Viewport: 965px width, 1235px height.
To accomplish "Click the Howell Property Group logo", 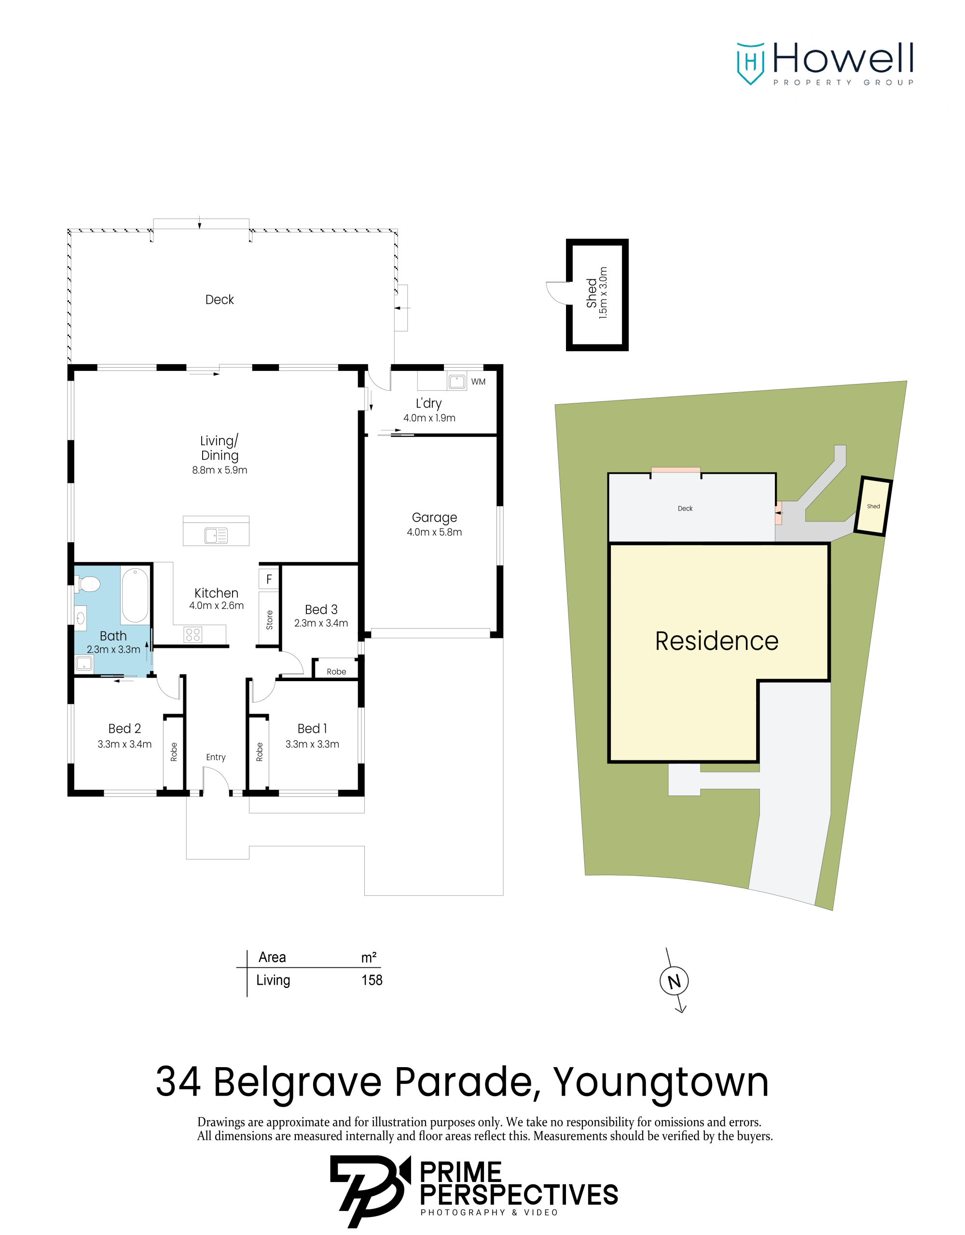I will (825, 63).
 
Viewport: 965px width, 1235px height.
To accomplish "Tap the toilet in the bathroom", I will (88, 584).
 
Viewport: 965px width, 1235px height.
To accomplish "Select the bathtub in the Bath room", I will (135, 595).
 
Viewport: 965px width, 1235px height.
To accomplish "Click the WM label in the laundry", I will (478, 382).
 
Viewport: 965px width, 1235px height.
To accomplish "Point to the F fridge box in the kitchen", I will (269, 579).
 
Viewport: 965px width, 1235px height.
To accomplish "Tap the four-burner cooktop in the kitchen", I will (193, 634).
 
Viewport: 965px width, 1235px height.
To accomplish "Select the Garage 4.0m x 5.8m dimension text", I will (434, 532).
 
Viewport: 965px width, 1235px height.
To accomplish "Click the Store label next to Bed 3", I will (269, 620).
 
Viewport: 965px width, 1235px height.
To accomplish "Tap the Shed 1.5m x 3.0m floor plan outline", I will (597, 295).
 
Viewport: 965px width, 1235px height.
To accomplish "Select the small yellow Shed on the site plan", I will (873, 506).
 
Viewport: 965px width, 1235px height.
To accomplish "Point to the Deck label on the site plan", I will (685, 508).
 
